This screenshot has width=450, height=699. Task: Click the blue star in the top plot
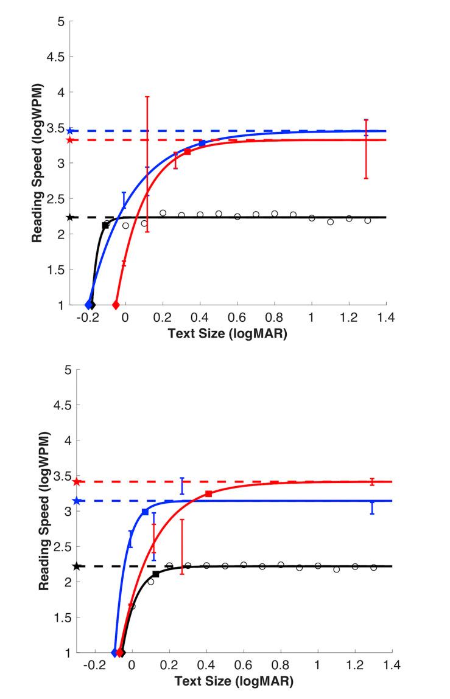tap(70, 131)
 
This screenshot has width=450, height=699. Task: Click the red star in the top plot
tap(70, 140)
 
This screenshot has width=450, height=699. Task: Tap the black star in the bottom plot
tap(76, 566)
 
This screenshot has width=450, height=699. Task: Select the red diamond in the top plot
tap(116, 305)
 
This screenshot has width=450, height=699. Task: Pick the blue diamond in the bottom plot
tap(114, 653)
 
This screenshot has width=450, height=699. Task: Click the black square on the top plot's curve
tap(105, 225)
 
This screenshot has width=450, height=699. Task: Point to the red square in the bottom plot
tap(208, 493)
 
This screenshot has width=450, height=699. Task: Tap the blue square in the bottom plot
tap(145, 512)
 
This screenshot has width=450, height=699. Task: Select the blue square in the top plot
tap(202, 143)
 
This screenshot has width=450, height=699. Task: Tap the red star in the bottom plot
tap(76, 482)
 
